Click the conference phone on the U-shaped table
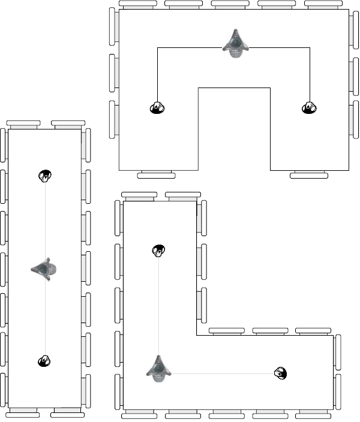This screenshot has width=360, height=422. [x=235, y=44]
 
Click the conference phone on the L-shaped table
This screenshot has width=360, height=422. [x=158, y=367]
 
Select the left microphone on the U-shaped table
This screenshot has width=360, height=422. [x=157, y=108]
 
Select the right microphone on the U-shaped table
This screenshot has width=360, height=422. [x=308, y=108]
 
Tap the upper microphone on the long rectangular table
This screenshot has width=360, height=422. [x=44, y=176]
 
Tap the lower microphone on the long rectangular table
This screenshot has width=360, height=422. [x=44, y=361]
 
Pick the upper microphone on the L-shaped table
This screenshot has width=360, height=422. [x=158, y=250]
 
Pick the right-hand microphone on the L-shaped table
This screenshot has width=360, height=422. [x=280, y=373]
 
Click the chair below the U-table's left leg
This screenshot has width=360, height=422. [x=156, y=176]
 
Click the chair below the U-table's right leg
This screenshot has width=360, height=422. [x=309, y=176]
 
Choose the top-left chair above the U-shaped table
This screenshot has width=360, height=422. [x=138, y=4]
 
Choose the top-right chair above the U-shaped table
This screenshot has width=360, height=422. [x=324, y=4]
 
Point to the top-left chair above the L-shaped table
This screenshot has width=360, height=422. [x=139, y=195]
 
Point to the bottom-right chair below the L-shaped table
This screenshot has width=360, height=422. [x=313, y=414]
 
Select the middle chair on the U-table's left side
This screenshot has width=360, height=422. [x=112, y=73]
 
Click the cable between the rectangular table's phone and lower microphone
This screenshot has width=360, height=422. [x=44, y=318]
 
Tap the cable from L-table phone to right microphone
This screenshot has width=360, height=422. [x=222, y=373]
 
